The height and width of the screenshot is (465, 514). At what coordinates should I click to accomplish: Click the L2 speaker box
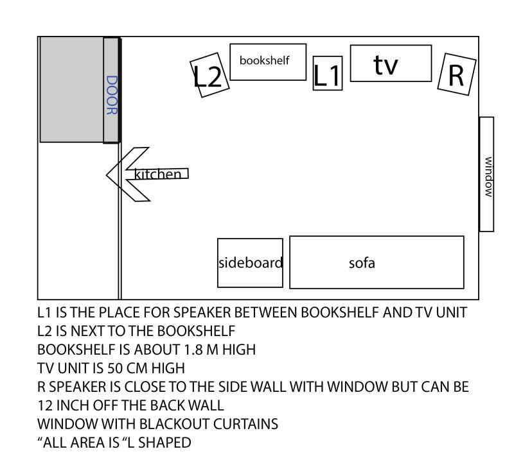click(x=209, y=75)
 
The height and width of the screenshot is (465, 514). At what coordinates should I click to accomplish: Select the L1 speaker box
click(x=328, y=73)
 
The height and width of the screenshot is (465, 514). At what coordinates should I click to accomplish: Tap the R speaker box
click(x=457, y=74)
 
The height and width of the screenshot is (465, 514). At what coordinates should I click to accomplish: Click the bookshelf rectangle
click(x=268, y=62)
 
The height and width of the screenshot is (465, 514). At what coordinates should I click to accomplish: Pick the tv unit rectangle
click(x=391, y=63)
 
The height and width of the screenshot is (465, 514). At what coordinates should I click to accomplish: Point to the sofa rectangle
click(x=377, y=262)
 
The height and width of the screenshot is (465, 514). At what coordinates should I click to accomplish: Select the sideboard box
click(x=250, y=263)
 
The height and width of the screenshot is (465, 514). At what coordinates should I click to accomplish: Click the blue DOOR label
click(x=111, y=95)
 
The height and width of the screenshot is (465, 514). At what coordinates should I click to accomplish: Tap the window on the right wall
click(x=486, y=174)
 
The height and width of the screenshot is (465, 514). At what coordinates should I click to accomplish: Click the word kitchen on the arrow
click(x=157, y=174)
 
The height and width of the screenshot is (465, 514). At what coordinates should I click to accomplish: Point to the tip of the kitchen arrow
click(x=107, y=175)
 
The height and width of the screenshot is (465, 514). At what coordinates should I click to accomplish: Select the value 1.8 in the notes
click(x=191, y=350)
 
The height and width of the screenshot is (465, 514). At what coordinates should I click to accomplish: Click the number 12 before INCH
click(x=45, y=406)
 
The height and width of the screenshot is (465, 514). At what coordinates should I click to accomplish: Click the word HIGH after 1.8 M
click(x=239, y=350)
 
